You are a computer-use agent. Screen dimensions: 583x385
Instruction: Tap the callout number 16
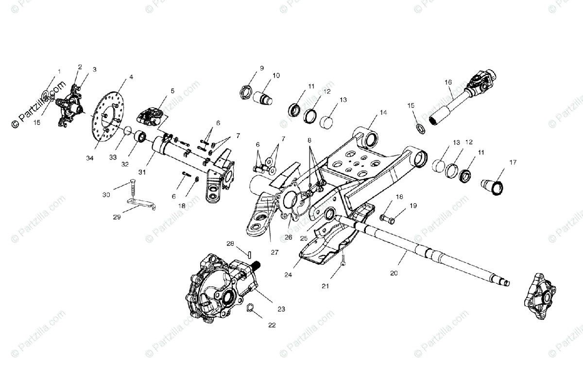pos(448,82)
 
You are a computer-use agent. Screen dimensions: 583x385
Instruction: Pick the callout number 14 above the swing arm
pos(383,112)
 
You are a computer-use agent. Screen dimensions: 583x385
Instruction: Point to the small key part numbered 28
pos(248,253)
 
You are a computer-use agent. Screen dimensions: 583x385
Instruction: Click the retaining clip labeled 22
pos(251,308)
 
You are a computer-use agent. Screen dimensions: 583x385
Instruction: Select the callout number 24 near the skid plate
pos(289,275)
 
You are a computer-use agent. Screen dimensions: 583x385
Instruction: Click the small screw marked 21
pos(343,261)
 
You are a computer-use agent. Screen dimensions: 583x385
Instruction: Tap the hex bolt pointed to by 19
pos(387,219)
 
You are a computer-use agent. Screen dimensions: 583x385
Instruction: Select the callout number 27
pos(275,252)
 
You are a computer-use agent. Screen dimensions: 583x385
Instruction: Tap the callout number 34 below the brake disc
pos(89,158)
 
